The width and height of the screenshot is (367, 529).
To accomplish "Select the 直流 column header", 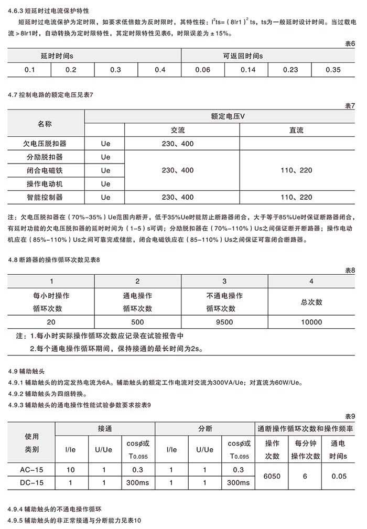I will click(x=296, y=130).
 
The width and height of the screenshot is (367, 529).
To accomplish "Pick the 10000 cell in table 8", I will click(x=311, y=322).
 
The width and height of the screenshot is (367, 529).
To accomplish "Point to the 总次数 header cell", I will click(x=311, y=302).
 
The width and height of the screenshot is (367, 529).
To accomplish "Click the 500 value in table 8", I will click(x=137, y=322).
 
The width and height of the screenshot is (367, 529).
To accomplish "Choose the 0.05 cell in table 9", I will click(x=339, y=476).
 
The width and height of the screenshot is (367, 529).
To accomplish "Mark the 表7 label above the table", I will click(x=350, y=106).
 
